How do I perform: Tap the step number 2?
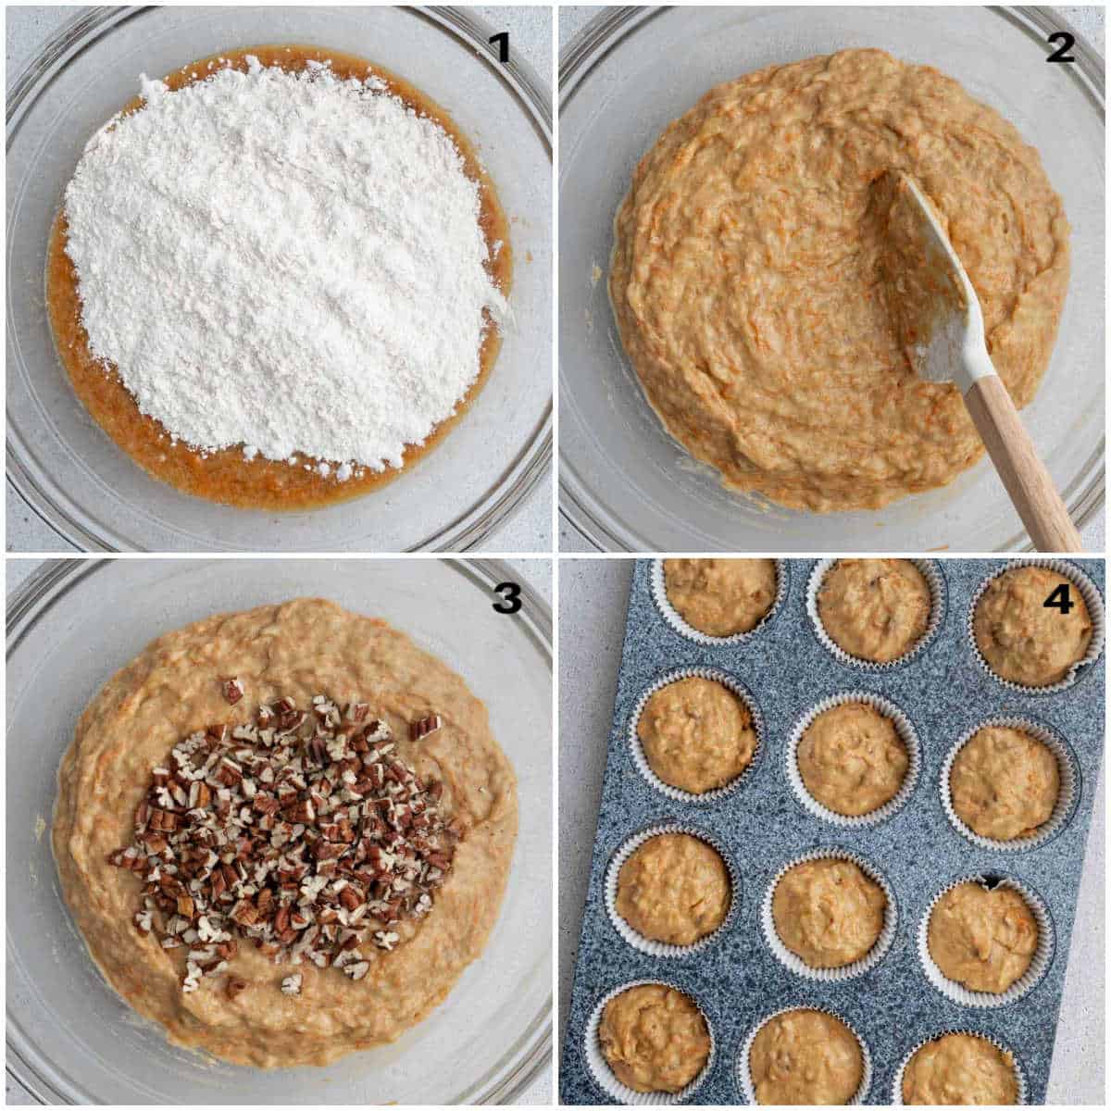pyautogui.click(x=1060, y=46)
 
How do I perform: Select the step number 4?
pyautogui.click(x=1058, y=600)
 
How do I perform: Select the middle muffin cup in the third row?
pyautogui.click(x=829, y=912)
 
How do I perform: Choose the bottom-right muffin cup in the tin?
pyautogui.click(x=958, y=1074)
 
